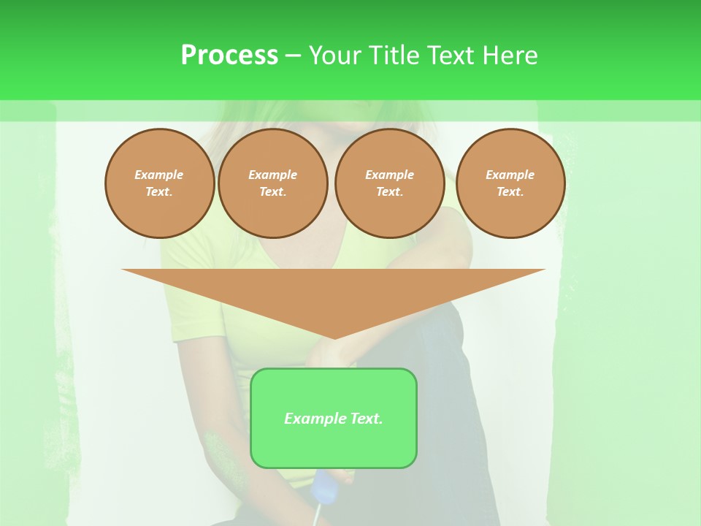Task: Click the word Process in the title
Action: click(x=229, y=55)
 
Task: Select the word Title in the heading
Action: click(x=395, y=55)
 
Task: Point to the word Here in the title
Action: click(x=510, y=55)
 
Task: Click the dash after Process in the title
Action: click(x=293, y=56)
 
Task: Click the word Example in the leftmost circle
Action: click(x=159, y=175)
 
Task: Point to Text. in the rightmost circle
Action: click(x=510, y=191)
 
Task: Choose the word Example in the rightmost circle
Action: click(x=510, y=175)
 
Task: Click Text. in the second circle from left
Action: click(x=272, y=191)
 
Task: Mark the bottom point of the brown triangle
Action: click(x=334, y=338)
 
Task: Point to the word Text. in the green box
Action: click(x=365, y=419)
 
